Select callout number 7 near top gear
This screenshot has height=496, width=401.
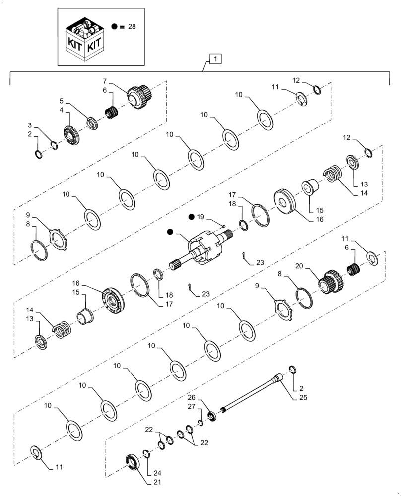105,80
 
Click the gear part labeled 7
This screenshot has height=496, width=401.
139,95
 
